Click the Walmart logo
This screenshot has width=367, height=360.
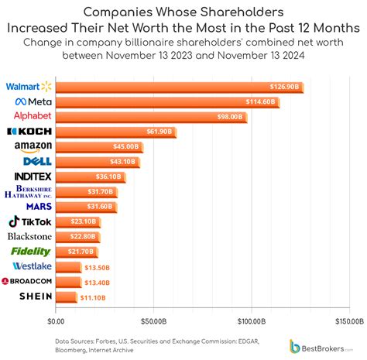(29, 86)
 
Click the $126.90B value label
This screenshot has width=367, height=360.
(284, 87)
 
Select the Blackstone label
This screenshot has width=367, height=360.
(29, 236)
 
